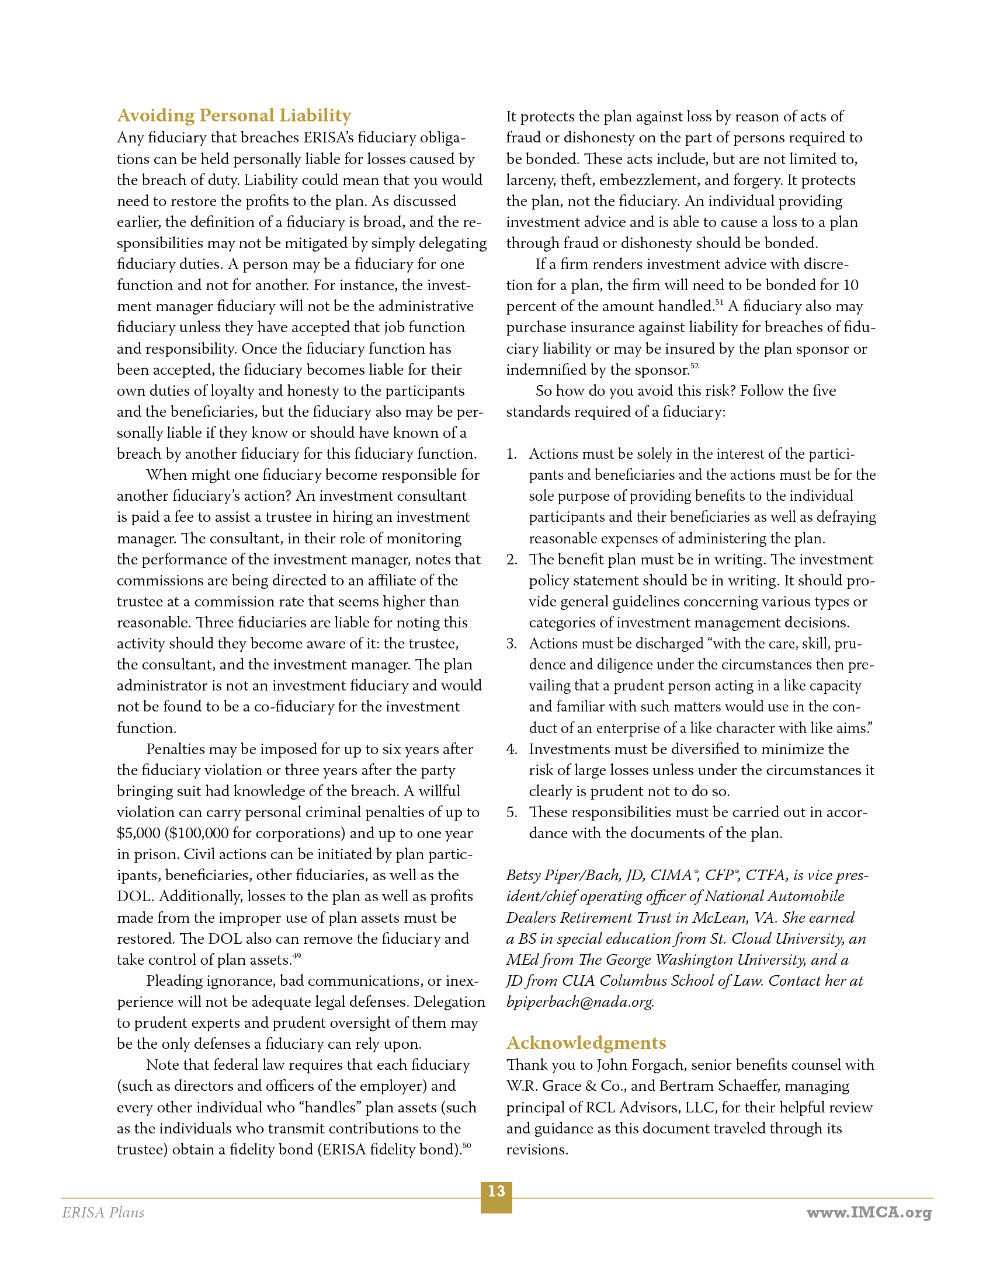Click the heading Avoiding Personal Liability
point(234,115)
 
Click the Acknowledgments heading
point(586,1042)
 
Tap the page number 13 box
point(496,1197)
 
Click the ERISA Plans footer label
point(103,1212)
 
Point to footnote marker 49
point(297,956)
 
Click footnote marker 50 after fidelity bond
point(467,1145)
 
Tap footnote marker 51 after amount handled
point(719,302)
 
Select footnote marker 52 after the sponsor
point(695,366)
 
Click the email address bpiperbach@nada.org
point(580,1002)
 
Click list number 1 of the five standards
point(511,454)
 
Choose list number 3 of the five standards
point(511,644)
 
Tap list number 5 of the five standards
point(511,812)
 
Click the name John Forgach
point(640,1065)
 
